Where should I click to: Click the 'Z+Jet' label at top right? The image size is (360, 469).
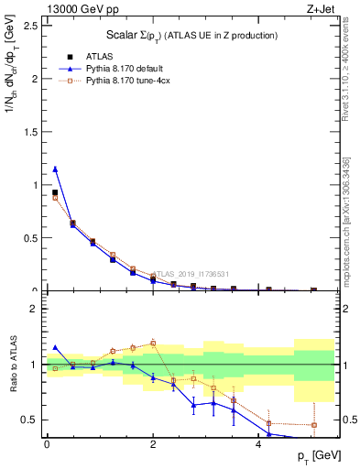pos(320,9)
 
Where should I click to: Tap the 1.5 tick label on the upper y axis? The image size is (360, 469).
pos(28,132)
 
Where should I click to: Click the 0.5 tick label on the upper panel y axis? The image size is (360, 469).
pos(28,238)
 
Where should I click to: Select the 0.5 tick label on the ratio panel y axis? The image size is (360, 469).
pos(28,420)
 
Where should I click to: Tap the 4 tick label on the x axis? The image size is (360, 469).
pos(258,443)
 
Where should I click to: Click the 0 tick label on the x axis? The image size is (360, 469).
pos(46,443)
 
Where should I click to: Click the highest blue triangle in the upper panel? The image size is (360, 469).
pos(55,169)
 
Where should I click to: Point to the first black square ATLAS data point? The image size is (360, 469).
pos(55,192)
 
